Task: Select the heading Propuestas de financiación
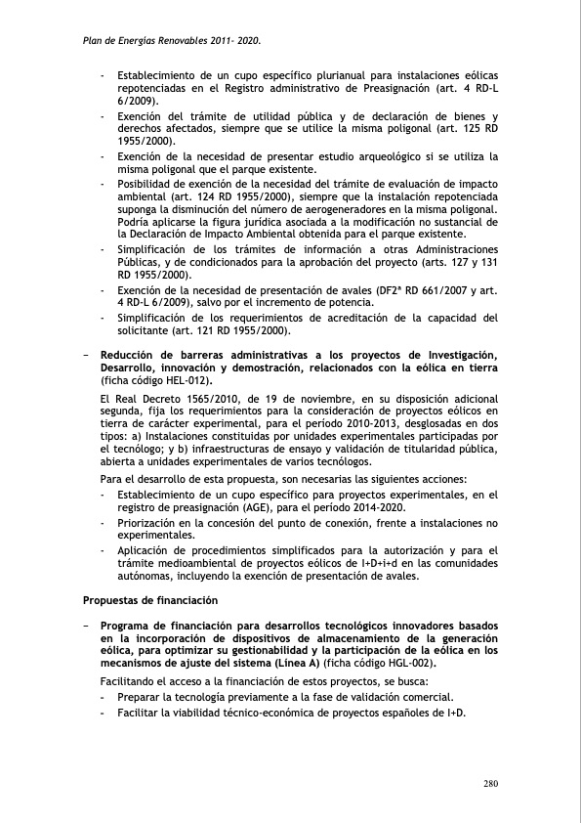(x=149, y=599)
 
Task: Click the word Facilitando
(x=132, y=680)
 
